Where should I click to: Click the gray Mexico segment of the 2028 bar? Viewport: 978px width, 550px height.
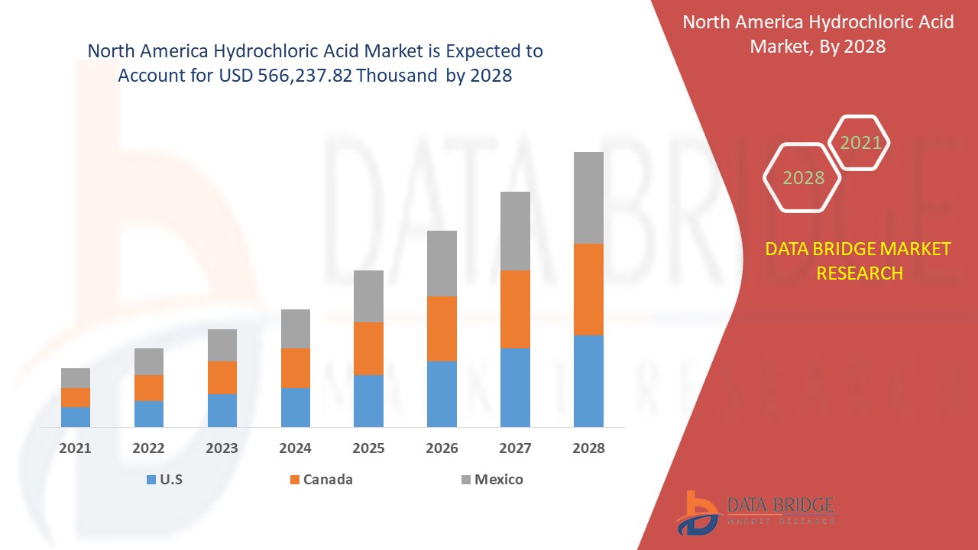[x=588, y=198]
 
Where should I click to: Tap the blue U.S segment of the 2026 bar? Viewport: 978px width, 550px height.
[x=442, y=394]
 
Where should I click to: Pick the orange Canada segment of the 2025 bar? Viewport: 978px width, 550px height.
[x=368, y=348]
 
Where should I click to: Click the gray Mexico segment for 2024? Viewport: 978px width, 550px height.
[x=296, y=328]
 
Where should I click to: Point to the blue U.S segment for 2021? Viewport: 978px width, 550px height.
[x=76, y=417]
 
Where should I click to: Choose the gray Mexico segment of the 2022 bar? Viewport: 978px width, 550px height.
[x=149, y=361]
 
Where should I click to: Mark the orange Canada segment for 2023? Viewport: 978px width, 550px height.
[x=222, y=377]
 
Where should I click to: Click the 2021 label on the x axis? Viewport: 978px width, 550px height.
[x=75, y=448]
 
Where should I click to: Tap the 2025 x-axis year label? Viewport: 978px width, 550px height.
[x=368, y=448]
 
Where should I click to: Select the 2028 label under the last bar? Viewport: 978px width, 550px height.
[x=588, y=448]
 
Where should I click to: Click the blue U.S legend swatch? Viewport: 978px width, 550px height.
[x=151, y=480]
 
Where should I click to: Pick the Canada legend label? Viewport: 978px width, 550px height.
[x=328, y=480]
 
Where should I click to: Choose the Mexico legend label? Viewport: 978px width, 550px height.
[x=498, y=480]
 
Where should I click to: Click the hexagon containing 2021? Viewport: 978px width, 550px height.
[x=860, y=143]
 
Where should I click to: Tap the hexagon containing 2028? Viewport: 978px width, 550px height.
[x=802, y=177]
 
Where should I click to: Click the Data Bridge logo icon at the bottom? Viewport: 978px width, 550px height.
[x=696, y=512]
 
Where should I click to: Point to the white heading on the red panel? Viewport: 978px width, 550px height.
[x=818, y=34]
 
